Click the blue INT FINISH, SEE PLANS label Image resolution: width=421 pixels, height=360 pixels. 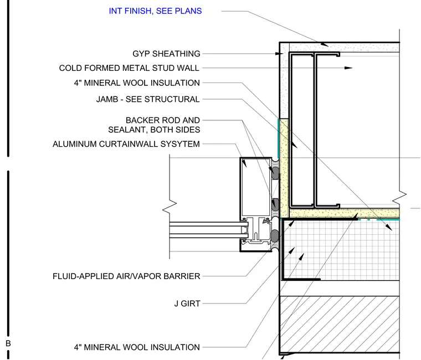[155, 11]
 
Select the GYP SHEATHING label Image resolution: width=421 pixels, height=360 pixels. [167, 54]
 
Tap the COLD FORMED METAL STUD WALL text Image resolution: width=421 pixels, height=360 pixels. [129, 68]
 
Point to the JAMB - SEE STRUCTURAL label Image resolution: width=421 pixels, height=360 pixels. [148, 99]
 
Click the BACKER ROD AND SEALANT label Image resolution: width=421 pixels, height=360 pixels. [154, 125]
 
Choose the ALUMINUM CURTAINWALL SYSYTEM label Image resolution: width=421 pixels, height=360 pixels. [126, 144]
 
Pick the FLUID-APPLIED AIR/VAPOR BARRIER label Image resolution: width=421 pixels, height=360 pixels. [126, 276]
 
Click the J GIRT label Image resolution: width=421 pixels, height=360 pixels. [187, 304]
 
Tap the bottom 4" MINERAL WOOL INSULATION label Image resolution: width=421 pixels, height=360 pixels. [137, 347]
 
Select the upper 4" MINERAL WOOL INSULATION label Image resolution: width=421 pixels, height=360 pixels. [137, 83]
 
